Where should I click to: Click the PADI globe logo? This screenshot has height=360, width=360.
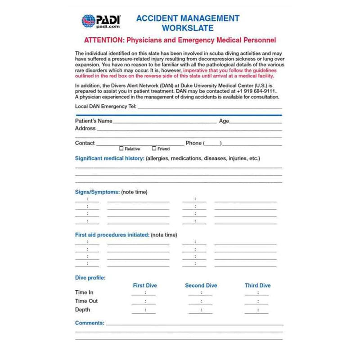(x=88, y=21)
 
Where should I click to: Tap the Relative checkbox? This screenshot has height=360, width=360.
(x=121, y=148)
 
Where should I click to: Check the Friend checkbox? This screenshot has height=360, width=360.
(x=154, y=148)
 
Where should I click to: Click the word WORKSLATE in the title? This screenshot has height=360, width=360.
(x=188, y=28)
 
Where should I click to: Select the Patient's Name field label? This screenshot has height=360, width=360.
(x=94, y=121)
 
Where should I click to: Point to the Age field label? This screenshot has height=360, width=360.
(x=224, y=121)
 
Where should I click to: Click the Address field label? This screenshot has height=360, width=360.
(x=85, y=128)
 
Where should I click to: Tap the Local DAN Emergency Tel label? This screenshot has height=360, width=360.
(x=105, y=107)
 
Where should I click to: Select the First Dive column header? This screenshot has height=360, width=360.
(x=145, y=285)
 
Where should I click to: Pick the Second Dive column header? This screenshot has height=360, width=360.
(x=201, y=285)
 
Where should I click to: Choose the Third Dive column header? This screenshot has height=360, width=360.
(x=257, y=285)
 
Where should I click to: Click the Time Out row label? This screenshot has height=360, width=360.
(x=86, y=301)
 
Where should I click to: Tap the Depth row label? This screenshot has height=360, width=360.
(x=82, y=310)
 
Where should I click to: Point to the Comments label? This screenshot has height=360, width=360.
(x=90, y=323)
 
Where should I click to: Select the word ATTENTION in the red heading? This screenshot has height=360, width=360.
(x=103, y=40)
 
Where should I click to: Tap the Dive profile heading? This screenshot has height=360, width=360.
(x=90, y=278)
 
